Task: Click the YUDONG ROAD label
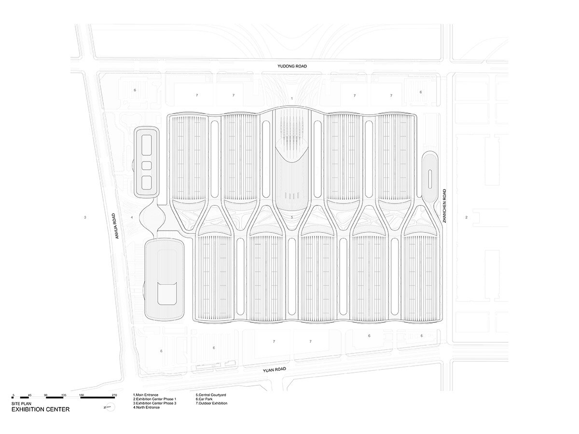tap(291, 67)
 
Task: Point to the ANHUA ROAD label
tap(115, 226)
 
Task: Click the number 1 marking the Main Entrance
tap(292, 98)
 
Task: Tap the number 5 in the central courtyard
tap(292, 217)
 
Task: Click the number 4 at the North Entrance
tap(132, 217)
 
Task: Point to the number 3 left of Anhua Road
tap(85, 217)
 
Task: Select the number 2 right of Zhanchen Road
tap(466, 217)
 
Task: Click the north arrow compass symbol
tap(108, 407)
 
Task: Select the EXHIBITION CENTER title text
tap(41, 409)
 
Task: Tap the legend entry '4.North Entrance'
tap(146, 407)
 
